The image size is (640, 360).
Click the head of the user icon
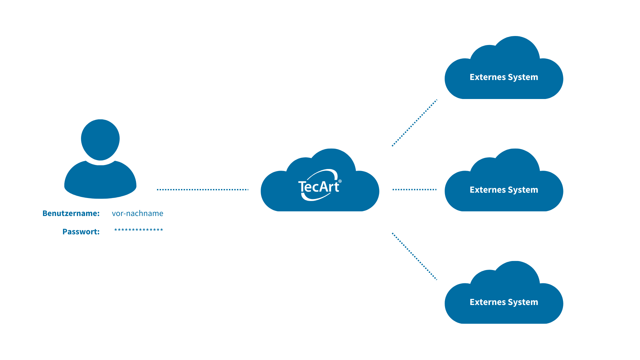[100, 139]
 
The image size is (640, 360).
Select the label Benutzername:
[71, 213]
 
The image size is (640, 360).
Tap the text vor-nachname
[137, 213]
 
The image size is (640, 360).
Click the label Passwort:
[81, 232]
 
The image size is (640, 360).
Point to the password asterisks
[138, 230]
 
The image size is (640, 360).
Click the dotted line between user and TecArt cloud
[202, 189]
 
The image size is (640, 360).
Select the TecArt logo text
[318, 187]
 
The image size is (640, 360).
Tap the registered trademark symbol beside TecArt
[340, 181]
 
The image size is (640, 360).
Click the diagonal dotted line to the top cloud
[414, 123]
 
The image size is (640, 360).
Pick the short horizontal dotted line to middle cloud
[414, 189]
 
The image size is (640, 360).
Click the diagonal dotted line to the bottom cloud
[414, 256]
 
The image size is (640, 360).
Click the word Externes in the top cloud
[488, 77]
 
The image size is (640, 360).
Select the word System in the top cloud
[523, 77]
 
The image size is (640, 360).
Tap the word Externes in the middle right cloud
[488, 190]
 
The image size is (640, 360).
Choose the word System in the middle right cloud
[523, 190]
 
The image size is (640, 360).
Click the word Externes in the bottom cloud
[488, 302]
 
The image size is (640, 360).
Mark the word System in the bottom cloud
[523, 302]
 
